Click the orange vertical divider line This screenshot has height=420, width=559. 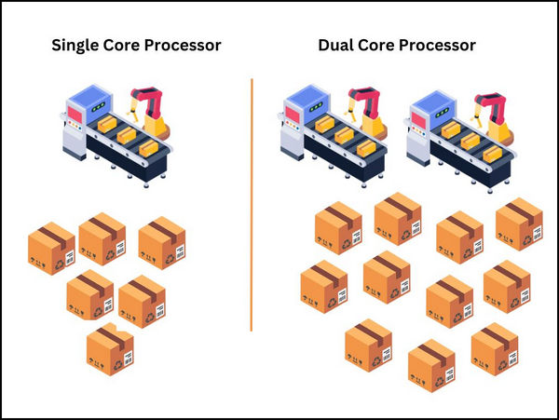pos(252,205)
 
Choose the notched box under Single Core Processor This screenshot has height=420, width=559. pos(110,348)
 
